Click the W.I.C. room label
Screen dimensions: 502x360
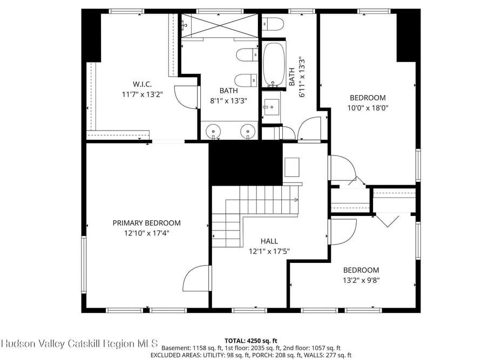pos(142,84)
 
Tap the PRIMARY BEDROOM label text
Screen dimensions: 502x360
pos(147,223)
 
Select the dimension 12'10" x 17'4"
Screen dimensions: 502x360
pos(147,233)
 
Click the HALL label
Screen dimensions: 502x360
pos(269,241)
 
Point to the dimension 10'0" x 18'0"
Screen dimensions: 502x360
pos(368,108)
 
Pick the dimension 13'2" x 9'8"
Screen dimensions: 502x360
pos(361,280)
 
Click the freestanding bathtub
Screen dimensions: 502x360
pos(274,64)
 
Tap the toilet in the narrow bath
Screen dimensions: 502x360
pos(273,24)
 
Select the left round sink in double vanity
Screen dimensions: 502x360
pos(213,131)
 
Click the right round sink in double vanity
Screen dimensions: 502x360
pos(247,131)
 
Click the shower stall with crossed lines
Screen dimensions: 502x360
pos(220,25)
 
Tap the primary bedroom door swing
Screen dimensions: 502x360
pos(195,279)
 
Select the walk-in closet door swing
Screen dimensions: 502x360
pos(186,97)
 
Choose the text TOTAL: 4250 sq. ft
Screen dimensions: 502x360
pos(250,341)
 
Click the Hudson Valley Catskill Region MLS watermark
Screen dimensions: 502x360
pos(79,344)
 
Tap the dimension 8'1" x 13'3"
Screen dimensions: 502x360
pos(228,101)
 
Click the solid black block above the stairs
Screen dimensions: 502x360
pos(246,163)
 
